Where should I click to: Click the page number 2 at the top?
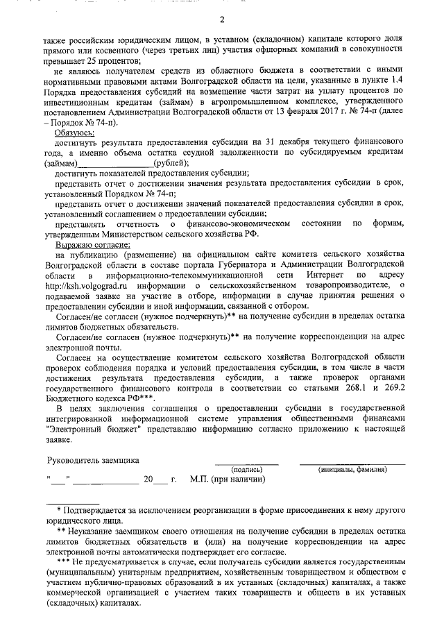coord(222,18)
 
